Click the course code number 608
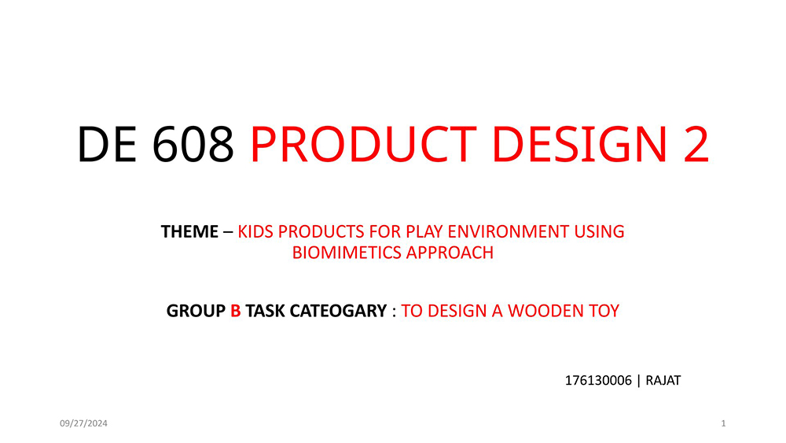pyautogui.click(x=193, y=145)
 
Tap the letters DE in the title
pyautogui.click(x=107, y=145)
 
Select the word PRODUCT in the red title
pyautogui.click(x=363, y=145)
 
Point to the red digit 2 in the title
pyautogui.click(x=696, y=145)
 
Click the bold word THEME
pyautogui.click(x=189, y=232)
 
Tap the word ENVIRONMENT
pyautogui.click(x=508, y=232)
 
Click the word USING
pyautogui.click(x=599, y=232)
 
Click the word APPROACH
pyautogui.click(x=450, y=253)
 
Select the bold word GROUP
pyautogui.click(x=196, y=311)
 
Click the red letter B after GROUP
pyautogui.click(x=236, y=311)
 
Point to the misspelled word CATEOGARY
pyautogui.click(x=338, y=311)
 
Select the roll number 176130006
pyautogui.click(x=598, y=381)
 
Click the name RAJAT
pyautogui.click(x=663, y=381)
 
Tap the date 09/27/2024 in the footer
pyautogui.click(x=84, y=423)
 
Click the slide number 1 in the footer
pyautogui.click(x=723, y=423)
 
